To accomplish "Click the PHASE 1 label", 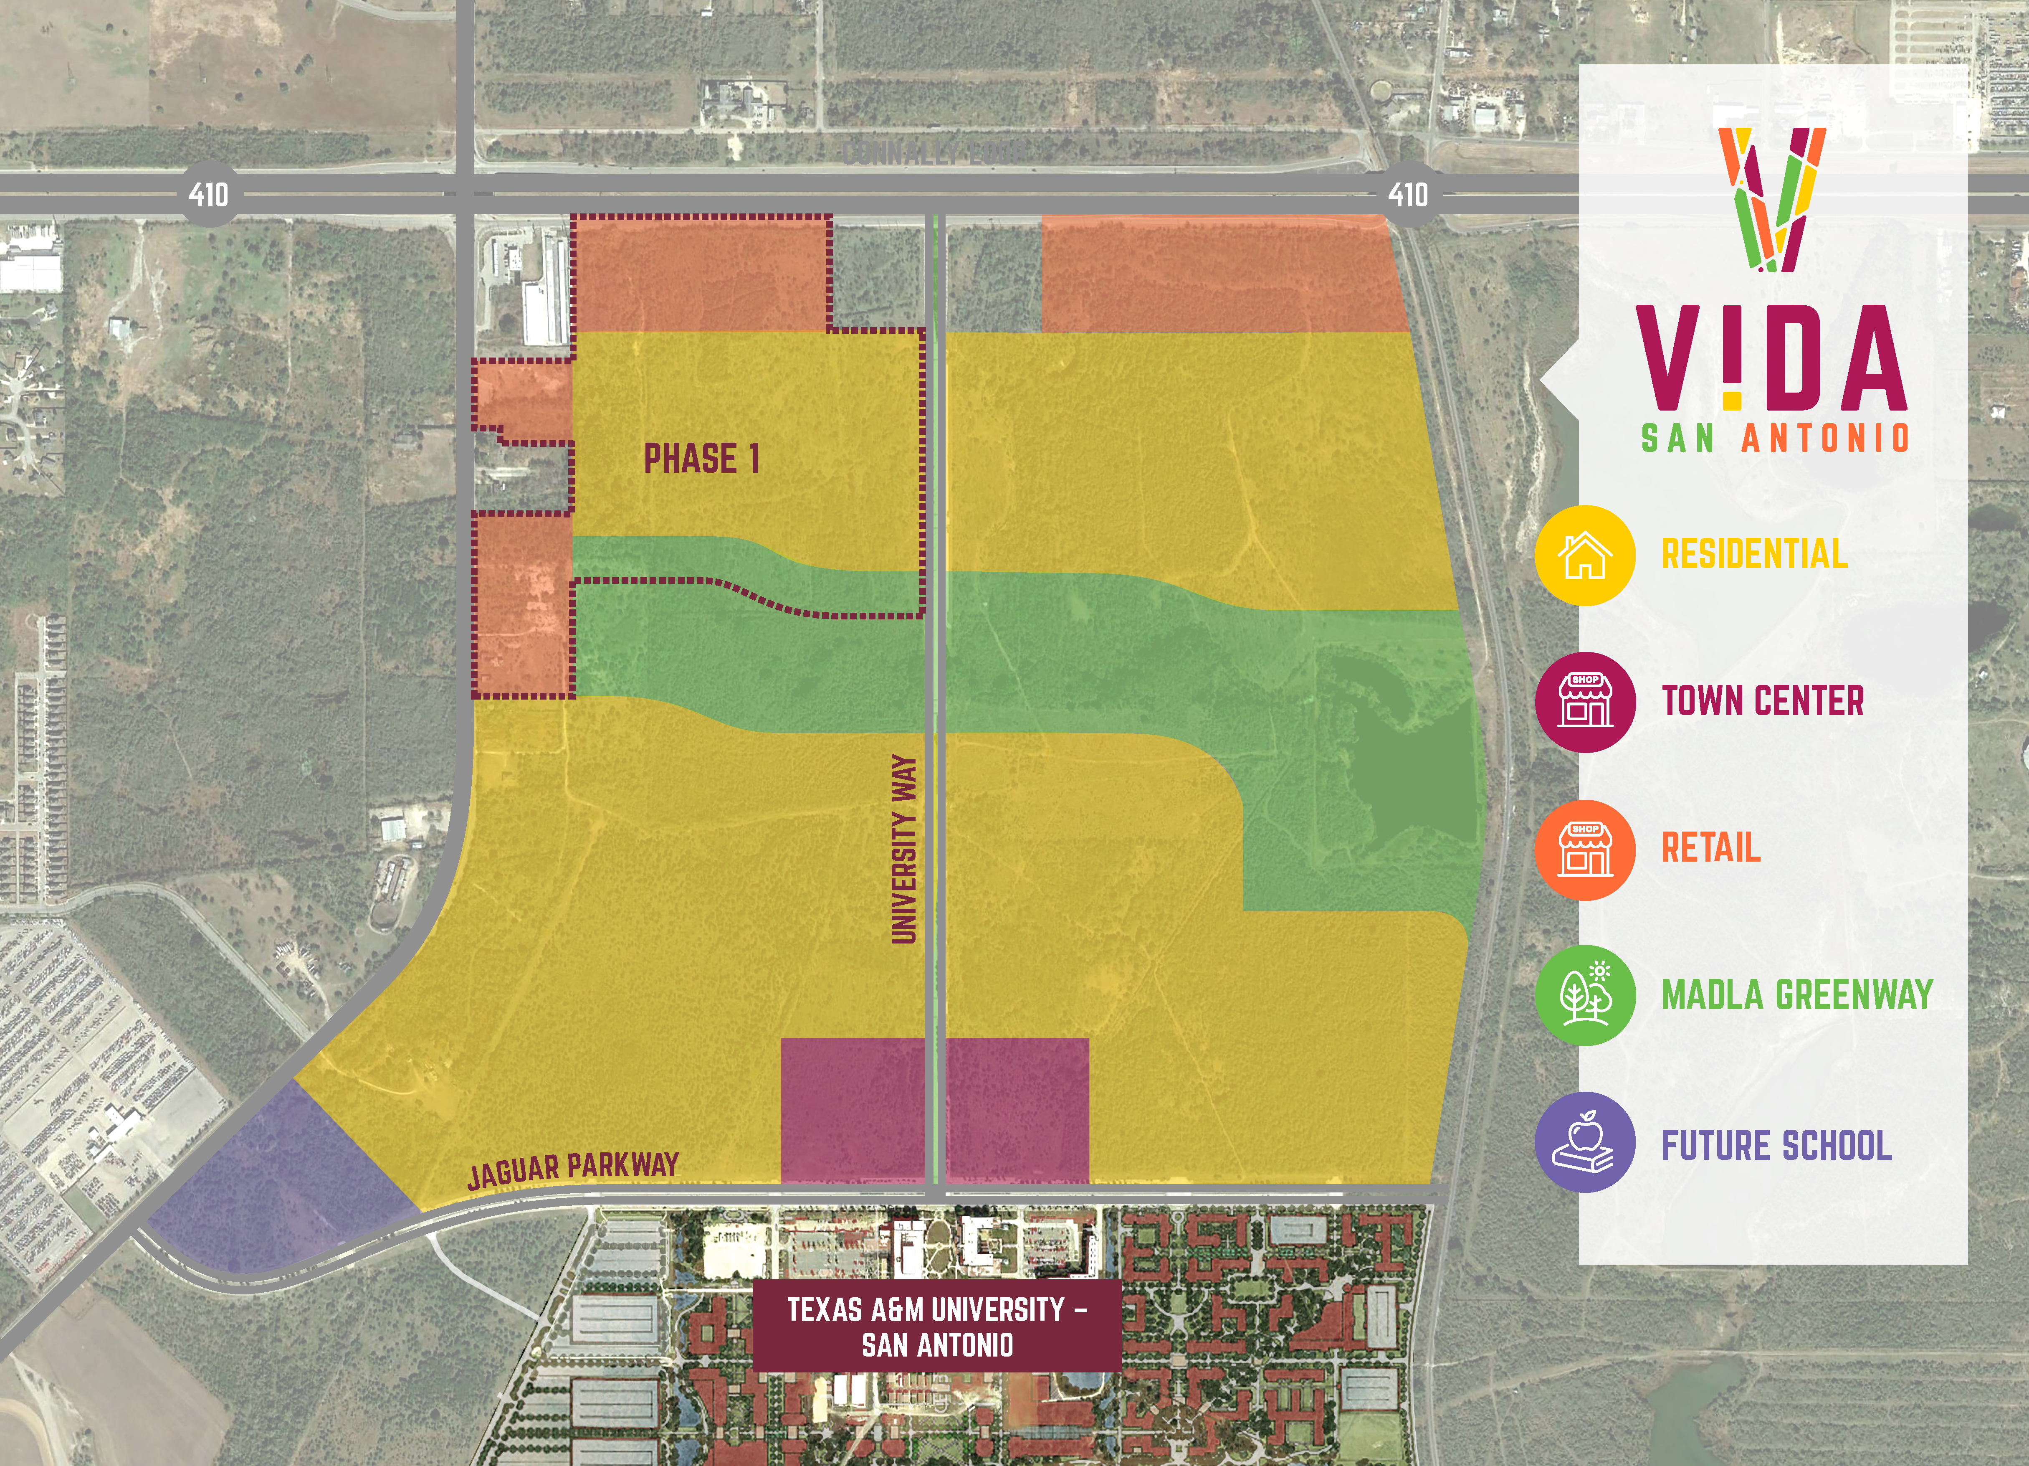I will click(702, 459).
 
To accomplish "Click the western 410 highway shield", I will click(208, 194).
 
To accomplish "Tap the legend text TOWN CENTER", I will click(1762, 701).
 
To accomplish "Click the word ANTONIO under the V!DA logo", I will click(1825, 439).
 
